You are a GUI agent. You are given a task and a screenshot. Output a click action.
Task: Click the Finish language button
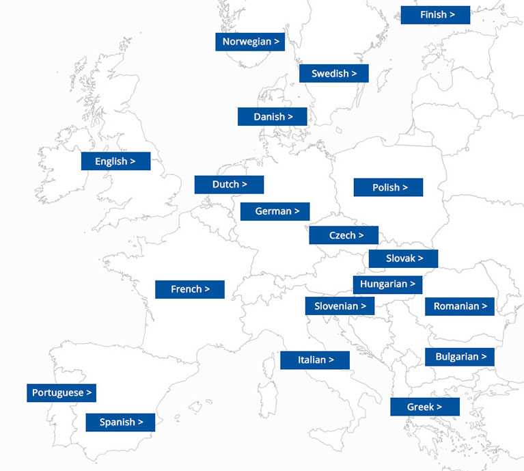pyautogui.click(x=435, y=15)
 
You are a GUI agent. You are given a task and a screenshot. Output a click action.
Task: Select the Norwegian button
pyautogui.click(x=250, y=42)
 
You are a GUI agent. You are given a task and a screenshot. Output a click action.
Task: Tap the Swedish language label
pyautogui.click(x=333, y=74)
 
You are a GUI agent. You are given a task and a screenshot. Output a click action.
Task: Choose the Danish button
pyautogui.click(x=272, y=117)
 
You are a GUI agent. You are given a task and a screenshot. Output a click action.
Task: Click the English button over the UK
pyautogui.click(x=115, y=161)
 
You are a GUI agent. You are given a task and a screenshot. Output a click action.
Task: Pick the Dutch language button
pyautogui.click(x=229, y=185)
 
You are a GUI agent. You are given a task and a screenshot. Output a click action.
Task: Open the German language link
pyautogui.click(x=275, y=212)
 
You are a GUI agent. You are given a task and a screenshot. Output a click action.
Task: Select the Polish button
pyautogui.click(x=388, y=187)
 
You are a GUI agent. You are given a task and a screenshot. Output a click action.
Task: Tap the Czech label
pyautogui.click(x=344, y=235)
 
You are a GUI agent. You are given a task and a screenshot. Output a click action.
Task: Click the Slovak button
pyautogui.click(x=403, y=258)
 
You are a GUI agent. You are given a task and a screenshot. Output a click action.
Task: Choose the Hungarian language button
pyautogui.click(x=387, y=284)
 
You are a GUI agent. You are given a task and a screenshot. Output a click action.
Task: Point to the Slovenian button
pyautogui.click(x=340, y=306)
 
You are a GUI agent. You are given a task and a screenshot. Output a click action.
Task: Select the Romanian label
pyautogui.click(x=460, y=306)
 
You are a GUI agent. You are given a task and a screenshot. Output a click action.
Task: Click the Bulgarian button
pyautogui.click(x=460, y=357)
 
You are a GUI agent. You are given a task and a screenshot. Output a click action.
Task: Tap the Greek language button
pyautogui.click(x=425, y=407)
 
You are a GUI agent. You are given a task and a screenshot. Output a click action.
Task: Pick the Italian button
pyautogui.click(x=315, y=360)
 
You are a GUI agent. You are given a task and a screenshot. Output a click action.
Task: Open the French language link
pyautogui.click(x=190, y=289)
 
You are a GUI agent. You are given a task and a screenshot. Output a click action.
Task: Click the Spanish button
pyautogui.click(x=120, y=422)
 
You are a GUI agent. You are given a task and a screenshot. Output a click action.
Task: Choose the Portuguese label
pyautogui.click(x=61, y=393)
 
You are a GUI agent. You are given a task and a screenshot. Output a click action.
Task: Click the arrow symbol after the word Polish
pyautogui.click(x=405, y=187)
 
